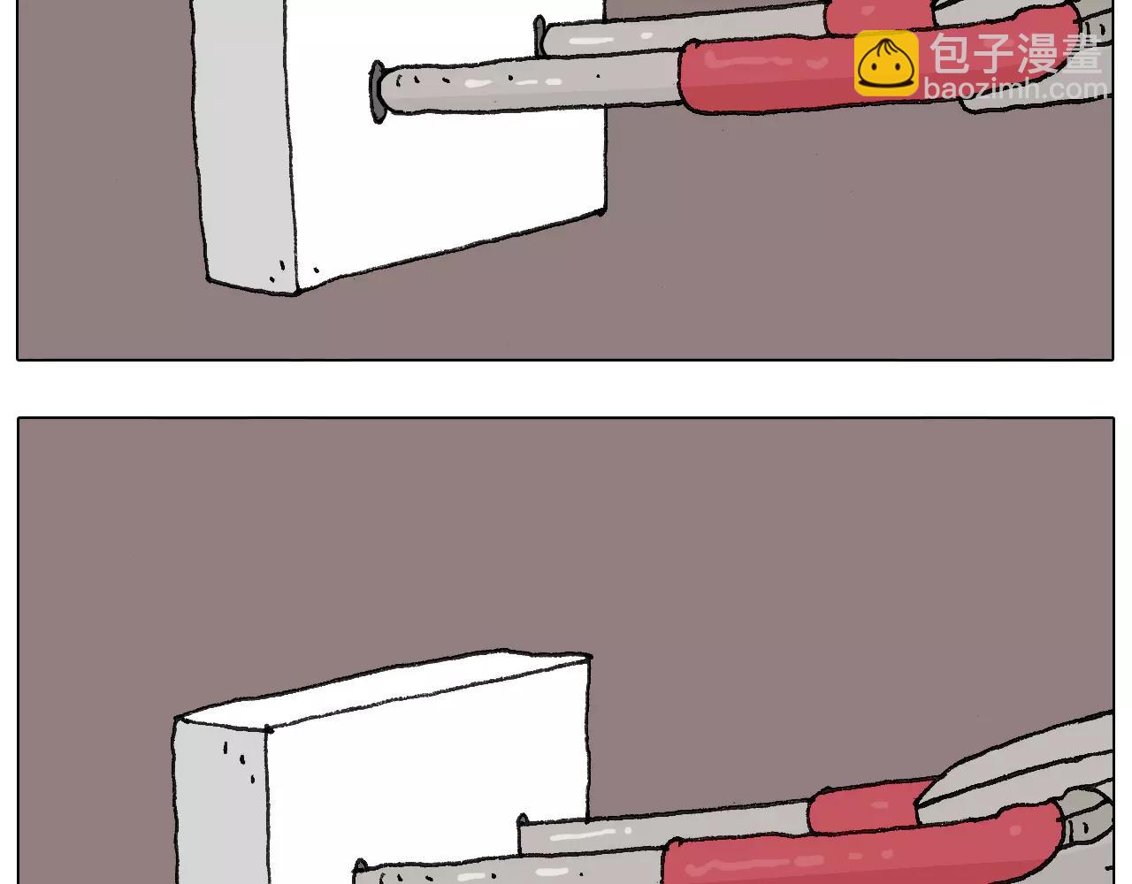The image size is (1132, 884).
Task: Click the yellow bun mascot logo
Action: (x=886, y=64)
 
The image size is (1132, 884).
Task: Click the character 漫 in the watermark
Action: (x=1036, y=52)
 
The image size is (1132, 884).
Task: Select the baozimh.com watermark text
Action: (x=1014, y=88)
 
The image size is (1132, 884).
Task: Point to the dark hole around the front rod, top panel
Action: (x=376, y=92)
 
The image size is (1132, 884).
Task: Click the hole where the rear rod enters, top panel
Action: (x=539, y=35)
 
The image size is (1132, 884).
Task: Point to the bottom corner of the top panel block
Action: (x=294, y=293)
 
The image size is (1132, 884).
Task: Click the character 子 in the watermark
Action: (x=993, y=52)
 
